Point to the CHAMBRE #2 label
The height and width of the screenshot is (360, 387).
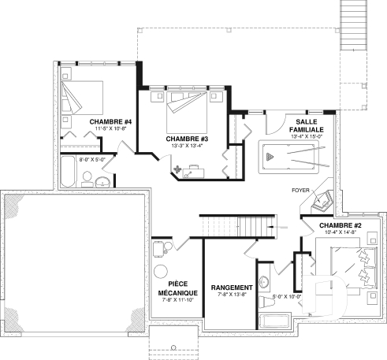[x=340, y=226]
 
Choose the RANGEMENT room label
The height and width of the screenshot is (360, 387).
[x=232, y=287]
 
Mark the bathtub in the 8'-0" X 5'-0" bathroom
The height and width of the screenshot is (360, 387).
[x=69, y=171]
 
